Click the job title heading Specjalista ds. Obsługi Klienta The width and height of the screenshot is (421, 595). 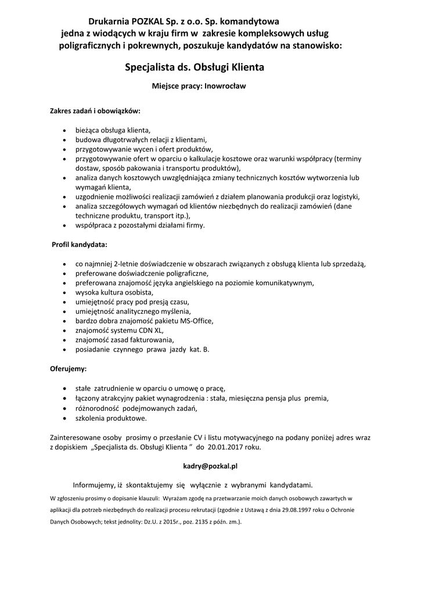click(195, 67)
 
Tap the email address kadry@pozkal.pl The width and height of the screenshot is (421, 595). click(210, 466)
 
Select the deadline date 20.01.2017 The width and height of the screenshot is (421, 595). click(225, 448)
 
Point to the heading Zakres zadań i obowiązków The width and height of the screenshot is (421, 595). click(95, 109)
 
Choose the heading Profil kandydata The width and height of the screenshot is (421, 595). click(80, 245)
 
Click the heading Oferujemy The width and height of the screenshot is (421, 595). click(69, 368)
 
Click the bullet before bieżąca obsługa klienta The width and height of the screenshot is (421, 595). click(64, 130)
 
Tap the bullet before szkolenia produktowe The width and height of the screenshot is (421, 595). click(64, 418)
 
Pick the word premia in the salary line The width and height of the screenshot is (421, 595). click(317, 399)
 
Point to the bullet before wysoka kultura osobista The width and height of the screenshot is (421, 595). click(64, 293)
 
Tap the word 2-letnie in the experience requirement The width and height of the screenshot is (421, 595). click(128, 264)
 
